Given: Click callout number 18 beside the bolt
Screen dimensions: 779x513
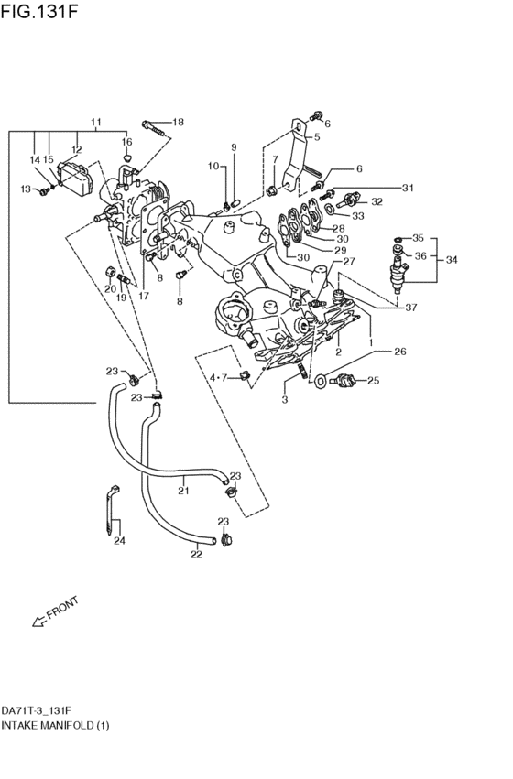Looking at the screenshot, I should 178,122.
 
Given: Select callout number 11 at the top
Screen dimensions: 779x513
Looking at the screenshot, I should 95,122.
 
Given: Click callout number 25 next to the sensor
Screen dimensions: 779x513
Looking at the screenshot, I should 373,380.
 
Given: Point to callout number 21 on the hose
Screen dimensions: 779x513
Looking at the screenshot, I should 183,491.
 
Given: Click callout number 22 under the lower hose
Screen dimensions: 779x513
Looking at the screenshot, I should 196,554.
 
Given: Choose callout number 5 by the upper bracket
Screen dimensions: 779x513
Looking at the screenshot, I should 317,137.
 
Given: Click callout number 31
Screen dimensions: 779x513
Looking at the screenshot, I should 408,188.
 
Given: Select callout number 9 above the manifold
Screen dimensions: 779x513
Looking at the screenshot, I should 233,147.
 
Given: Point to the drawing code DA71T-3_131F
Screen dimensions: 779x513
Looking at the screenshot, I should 37,710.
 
